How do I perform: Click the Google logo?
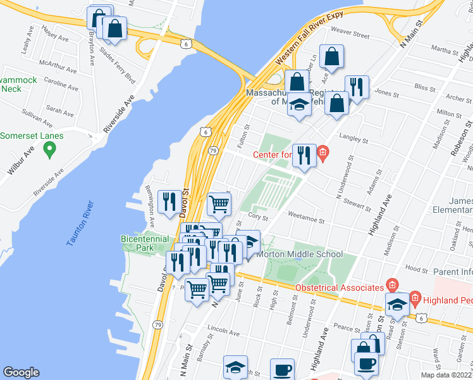coord(21,372)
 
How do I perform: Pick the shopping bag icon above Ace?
coord(331,57)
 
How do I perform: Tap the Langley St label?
coord(354,139)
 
